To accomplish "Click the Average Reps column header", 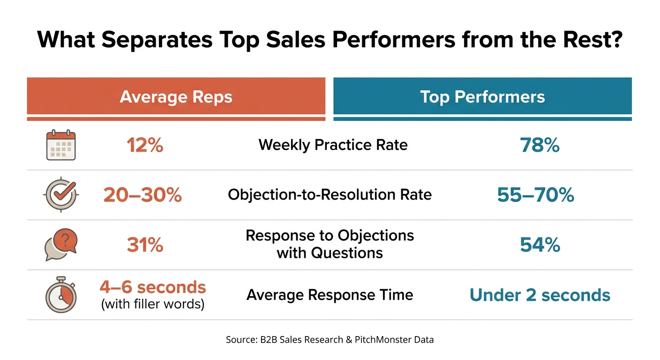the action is (x=176, y=97).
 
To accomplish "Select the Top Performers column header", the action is (x=482, y=97).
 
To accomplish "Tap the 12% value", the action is (x=145, y=145).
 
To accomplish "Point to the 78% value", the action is (x=540, y=145).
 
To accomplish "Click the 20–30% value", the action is (x=142, y=195).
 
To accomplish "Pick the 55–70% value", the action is (x=535, y=195).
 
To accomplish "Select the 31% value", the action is (x=145, y=245).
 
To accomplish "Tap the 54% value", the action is (x=540, y=245).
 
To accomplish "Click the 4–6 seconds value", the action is (x=153, y=287).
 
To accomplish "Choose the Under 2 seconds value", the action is (x=540, y=295).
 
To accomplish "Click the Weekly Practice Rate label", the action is (x=333, y=145).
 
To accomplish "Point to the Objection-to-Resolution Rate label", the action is (x=330, y=195).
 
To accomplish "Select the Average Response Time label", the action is (x=330, y=294).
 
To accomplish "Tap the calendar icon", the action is (x=61, y=145).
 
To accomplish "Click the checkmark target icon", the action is (x=61, y=195).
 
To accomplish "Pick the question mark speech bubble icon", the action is (x=61, y=245).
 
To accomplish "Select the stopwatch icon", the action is (x=61, y=294).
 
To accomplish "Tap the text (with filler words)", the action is (x=153, y=304).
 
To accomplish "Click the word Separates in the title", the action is (x=157, y=39).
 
